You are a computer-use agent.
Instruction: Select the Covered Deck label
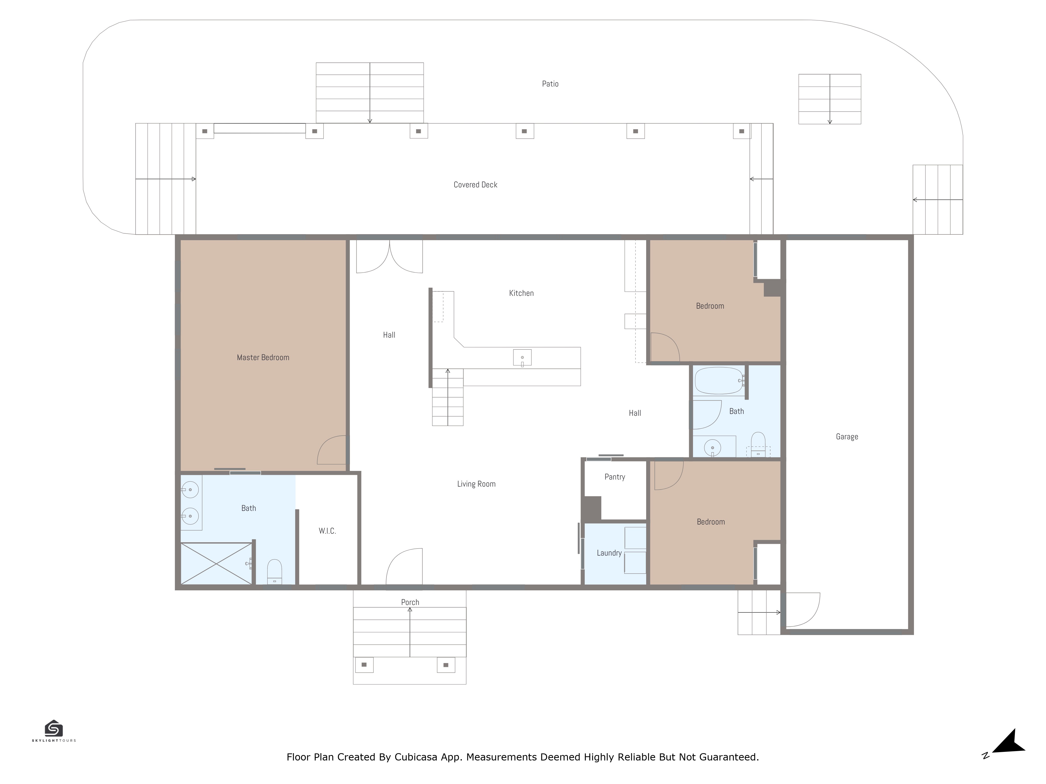tap(475, 185)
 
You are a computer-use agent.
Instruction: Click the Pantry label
tap(615, 477)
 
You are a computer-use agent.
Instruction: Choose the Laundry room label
tap(609, 553)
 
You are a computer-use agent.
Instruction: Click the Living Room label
tap(476, 484)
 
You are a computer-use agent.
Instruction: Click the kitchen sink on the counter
tap(522, 358)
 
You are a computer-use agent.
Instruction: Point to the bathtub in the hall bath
tap(719, 381)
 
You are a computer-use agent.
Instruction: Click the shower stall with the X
tap(217, 564)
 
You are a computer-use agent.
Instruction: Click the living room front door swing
tap(404, 566)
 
